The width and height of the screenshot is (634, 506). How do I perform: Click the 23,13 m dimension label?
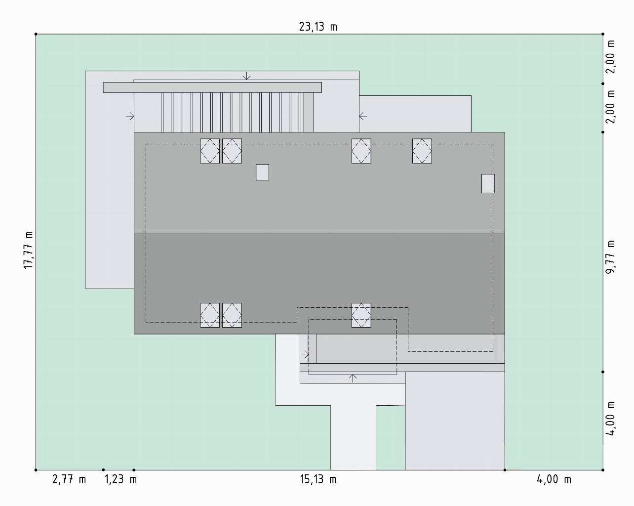coord(318,27)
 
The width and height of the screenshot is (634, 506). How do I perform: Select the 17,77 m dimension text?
coord(29,250)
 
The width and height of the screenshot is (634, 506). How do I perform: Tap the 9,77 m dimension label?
coord(610,257)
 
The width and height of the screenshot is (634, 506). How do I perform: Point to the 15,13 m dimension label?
coord(318,479)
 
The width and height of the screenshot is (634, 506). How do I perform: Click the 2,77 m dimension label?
coord(69,479)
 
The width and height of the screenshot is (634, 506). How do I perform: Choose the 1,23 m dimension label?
coord(121,479)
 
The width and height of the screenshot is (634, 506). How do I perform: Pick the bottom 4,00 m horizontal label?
coord(554,479)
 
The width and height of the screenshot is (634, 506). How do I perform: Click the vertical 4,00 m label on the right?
coord(610,419)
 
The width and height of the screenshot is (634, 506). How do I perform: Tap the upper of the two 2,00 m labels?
coord(610,57)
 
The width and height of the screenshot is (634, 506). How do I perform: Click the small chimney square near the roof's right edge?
coord(488,183)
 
